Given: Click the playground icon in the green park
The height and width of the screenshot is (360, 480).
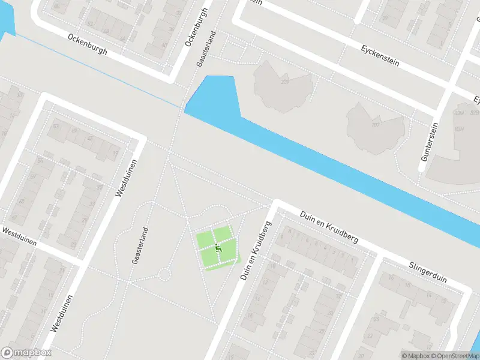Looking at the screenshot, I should pos(218,247).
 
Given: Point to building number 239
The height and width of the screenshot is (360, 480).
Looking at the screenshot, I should pos(285,82).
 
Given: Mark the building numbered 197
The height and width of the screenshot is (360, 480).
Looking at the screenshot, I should pos(376,125).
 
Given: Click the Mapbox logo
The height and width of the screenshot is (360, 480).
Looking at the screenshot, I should pos(26,353).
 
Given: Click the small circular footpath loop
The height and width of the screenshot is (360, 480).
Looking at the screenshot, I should pos(163,275).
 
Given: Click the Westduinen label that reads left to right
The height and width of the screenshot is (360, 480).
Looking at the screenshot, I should pos(19,237).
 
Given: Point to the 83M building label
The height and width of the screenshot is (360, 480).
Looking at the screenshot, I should pos(460,113).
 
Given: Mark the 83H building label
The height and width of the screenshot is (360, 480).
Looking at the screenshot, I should pos(460,128).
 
